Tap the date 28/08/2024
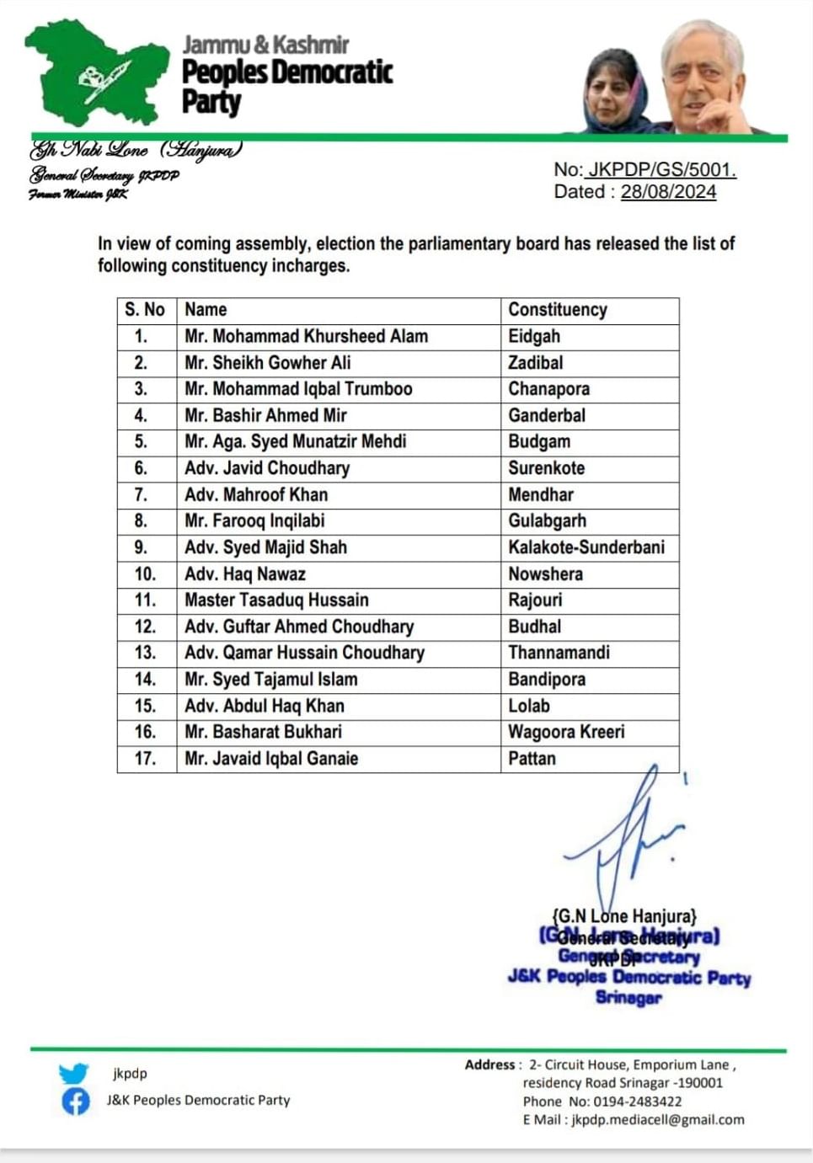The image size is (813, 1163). [668, 192]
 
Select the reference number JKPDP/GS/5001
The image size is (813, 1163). [661, 169]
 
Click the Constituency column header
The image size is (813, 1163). [557, 310]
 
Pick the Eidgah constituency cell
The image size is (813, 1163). [534, 336]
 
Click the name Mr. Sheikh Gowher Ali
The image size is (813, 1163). [267, 363]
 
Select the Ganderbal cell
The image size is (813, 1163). [547, 415]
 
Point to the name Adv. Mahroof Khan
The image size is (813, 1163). [256, 494]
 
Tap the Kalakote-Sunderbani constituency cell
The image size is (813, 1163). [586, 547]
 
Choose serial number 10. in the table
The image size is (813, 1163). [145, 574]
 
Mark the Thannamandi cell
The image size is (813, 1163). [559, 653]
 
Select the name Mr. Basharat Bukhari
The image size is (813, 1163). [263, 732]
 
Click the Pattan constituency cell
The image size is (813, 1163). [532, 759]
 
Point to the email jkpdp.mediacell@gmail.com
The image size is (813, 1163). [658, 1120]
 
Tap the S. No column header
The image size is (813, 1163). [145, 310]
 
